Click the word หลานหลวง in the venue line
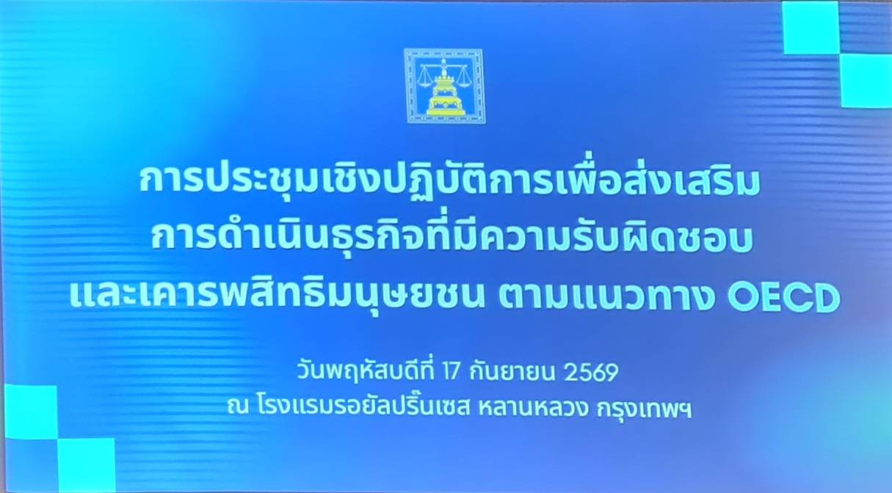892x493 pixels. pos(532,408)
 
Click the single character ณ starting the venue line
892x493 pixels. pos(239,408)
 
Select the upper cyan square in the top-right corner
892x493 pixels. pos(811,27)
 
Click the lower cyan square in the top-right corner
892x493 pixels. pos(866,81)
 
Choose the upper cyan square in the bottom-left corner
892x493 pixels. pos(31,412)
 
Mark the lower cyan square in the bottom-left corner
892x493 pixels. pos(87,464)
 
